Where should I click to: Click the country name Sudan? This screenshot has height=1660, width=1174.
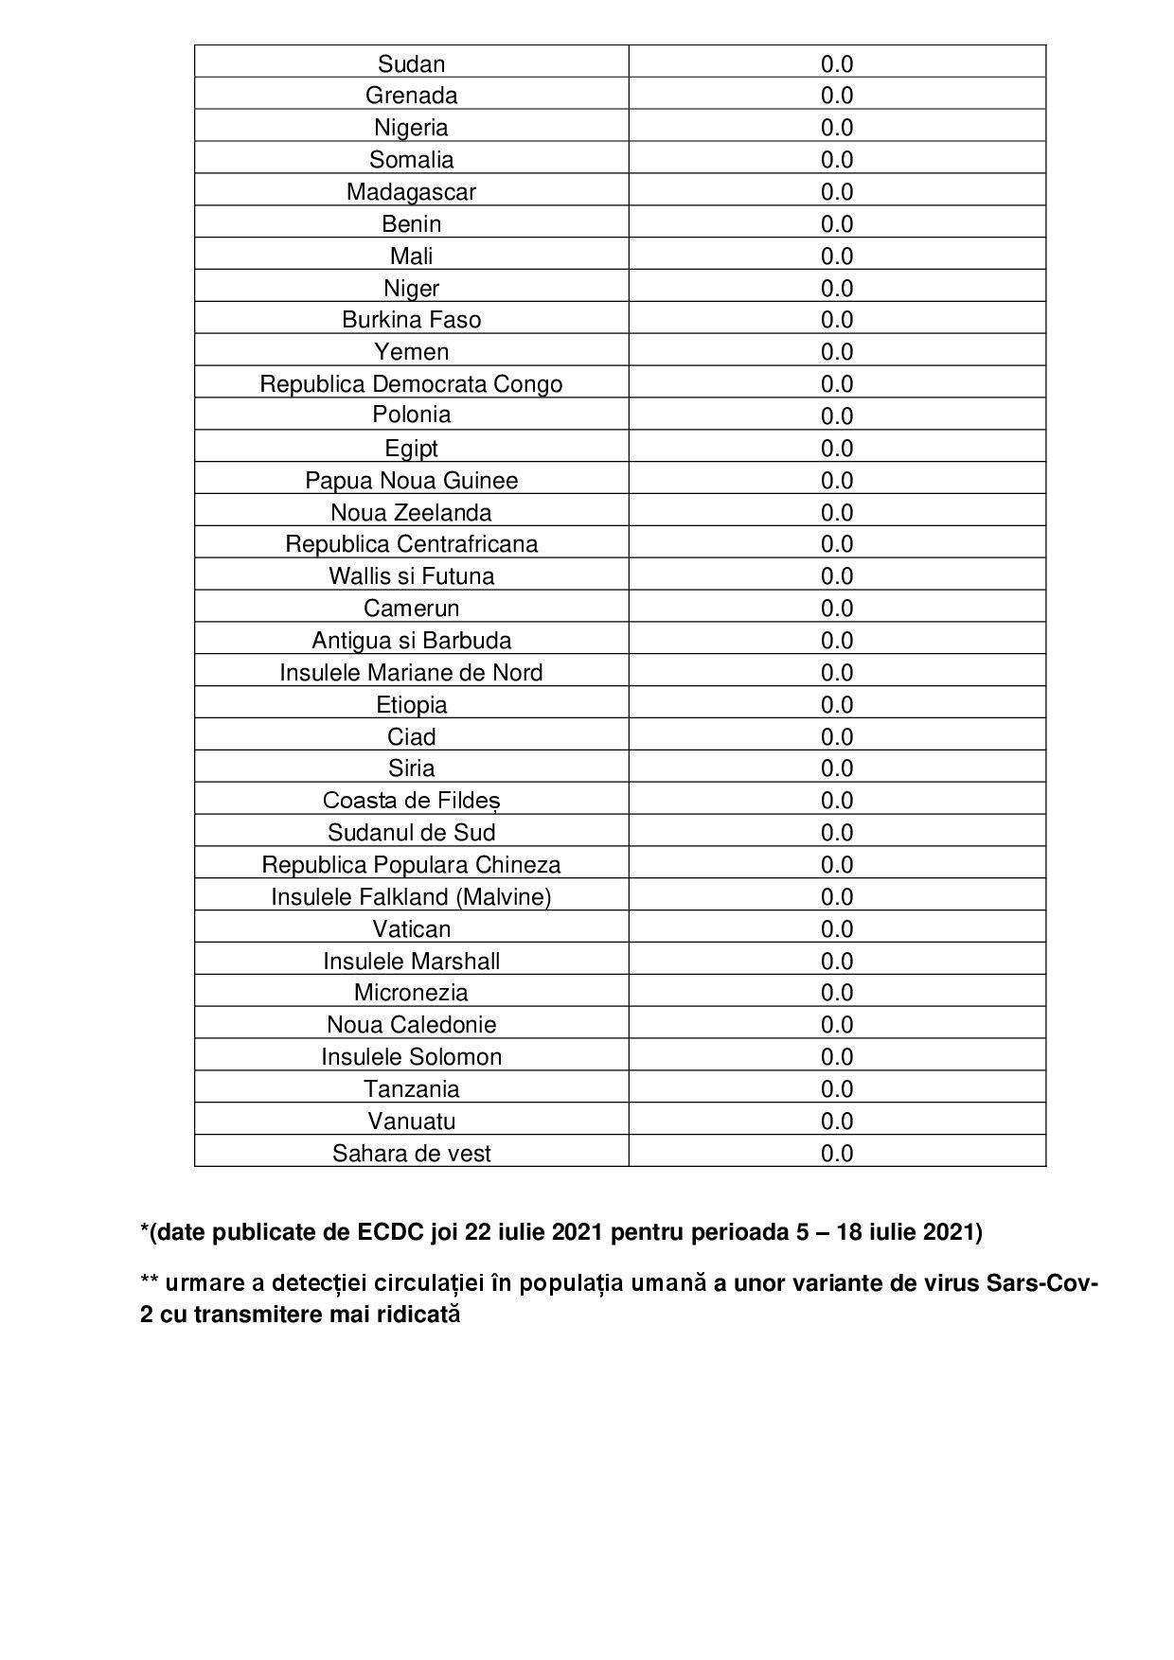pos(411,63)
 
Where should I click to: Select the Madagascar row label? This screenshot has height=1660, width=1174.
pos(411,191)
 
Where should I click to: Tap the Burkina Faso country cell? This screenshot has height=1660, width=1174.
pos(411,320)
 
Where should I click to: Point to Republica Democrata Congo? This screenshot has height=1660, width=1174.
pos(411,383)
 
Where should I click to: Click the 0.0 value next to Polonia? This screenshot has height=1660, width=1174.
pos(837,415)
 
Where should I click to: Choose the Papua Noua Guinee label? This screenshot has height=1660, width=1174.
pos(411,480)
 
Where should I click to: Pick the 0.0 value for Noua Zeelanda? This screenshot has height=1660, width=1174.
pos(837,512)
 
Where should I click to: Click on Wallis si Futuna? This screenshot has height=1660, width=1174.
pos(411,575)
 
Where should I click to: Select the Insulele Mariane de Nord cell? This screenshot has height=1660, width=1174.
pos(411,672)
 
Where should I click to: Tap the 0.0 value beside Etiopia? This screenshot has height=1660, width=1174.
pos(837,704)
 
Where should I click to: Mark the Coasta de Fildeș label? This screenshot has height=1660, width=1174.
pos(411,800)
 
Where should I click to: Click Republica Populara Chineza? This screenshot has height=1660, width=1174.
pos(411,864)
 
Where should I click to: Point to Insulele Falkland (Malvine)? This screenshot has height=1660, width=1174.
pos(411,896)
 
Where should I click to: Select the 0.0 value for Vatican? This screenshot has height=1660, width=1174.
pos(837,928)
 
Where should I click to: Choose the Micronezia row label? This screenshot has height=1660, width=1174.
pos(411,992)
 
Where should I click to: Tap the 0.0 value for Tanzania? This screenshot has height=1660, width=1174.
pos(837,1088)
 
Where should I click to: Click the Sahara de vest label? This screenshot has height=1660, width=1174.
pos(411,1153)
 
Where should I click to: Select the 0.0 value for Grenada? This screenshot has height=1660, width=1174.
pos(837,96)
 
